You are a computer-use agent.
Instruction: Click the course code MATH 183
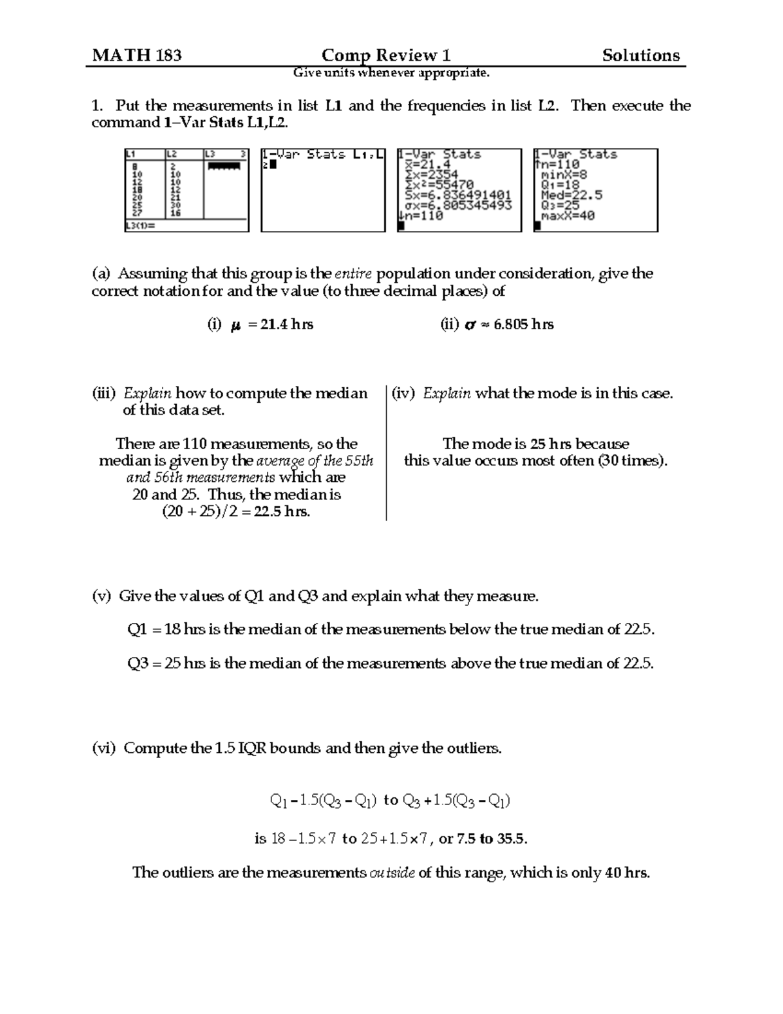137,55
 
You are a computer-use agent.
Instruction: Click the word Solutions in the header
641,55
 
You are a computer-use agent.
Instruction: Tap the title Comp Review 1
386,55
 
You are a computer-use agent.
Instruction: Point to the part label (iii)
104,393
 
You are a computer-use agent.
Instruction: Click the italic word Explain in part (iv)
446,393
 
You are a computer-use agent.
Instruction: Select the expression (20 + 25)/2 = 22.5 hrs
236,512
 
